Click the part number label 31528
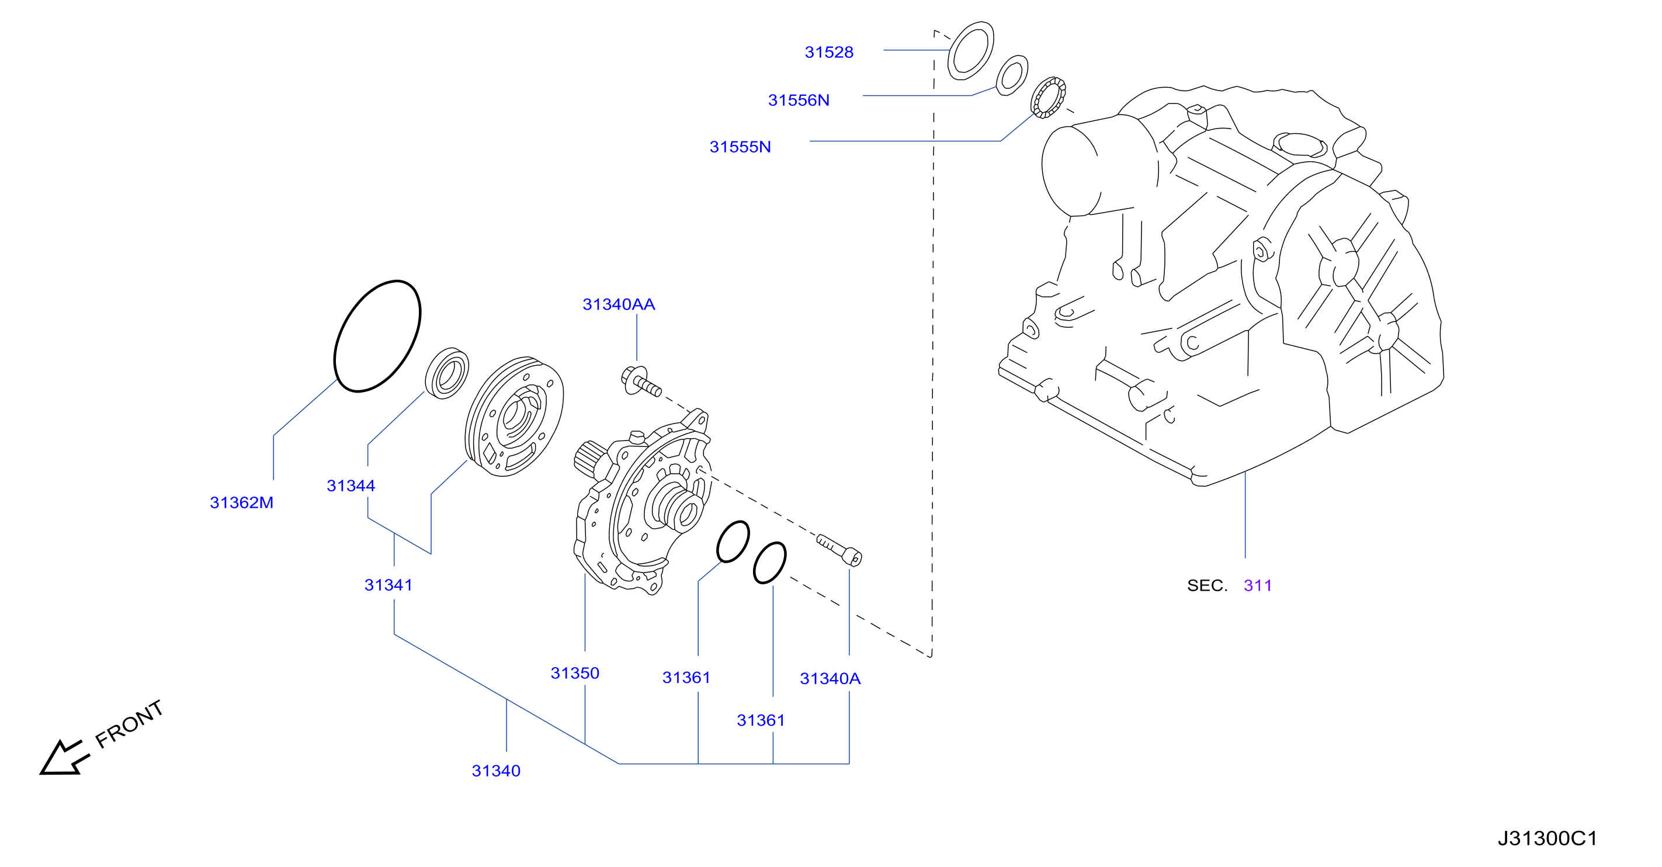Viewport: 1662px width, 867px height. tap(828, 52)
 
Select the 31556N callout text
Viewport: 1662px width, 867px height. tap(798, 100)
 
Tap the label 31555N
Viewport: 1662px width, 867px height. tap(740, 147)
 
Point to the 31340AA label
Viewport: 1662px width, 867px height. tap(618, 304)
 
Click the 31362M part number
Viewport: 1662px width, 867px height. tap(241, 502)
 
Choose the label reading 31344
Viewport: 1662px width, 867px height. tap(351, 485)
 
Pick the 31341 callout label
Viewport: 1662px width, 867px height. tap(388, 585)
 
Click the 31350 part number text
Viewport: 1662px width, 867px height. tap(574, 674)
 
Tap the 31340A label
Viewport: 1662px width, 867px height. tap(830, 679)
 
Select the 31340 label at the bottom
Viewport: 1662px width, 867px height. tap(495, 771)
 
